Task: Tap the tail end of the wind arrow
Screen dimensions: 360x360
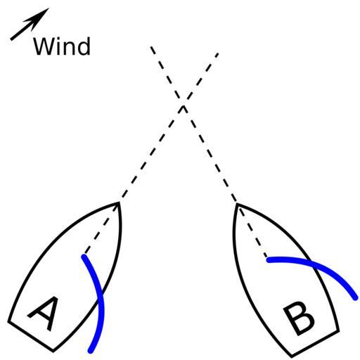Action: pos(11,39)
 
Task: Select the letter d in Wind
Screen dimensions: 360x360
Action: pos(84,46)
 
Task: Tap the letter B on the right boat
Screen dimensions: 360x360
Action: pos(298,320)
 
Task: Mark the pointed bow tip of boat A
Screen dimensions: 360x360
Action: pos(120,202)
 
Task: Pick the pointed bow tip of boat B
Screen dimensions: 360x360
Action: pos(237,203)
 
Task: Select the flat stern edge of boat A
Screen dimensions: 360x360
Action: pos(31,336)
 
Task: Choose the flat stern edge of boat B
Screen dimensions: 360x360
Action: pos(315,344)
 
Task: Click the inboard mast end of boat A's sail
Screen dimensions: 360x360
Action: pos(84,257)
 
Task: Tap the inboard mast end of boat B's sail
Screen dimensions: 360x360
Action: pos(269,259)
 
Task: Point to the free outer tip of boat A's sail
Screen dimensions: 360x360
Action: pos(91,351)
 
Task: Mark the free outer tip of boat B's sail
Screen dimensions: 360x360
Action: pos(356,298)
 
